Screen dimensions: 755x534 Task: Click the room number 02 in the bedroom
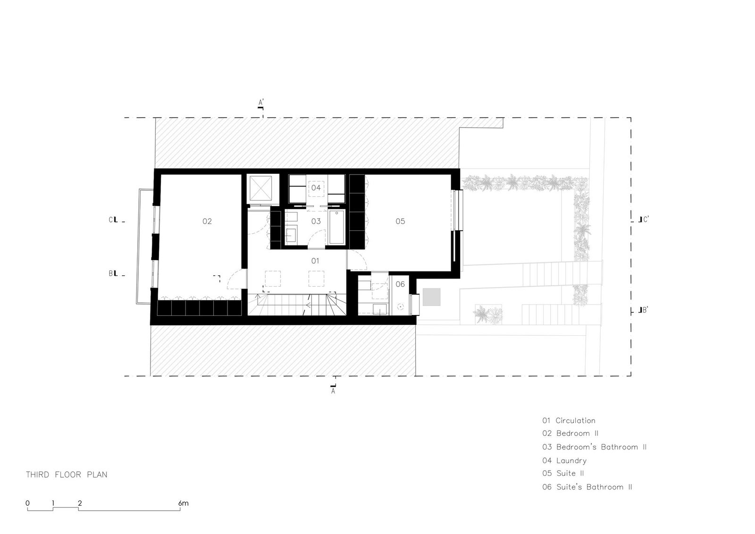point(207,221)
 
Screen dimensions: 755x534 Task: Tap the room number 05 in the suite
point(400,221)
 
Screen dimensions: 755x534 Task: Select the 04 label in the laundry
point(316,187)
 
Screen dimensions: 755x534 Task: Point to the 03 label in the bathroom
point(316,221)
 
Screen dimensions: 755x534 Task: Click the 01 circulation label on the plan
point(315,261)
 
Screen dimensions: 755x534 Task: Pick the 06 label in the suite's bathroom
point(400,284)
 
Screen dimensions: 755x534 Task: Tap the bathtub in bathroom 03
point(336,227)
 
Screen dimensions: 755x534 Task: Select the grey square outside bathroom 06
point(431,297)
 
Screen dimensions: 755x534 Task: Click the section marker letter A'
point(261,102)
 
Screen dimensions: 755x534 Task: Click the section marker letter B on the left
point(111,273)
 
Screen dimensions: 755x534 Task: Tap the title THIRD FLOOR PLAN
point(67,475)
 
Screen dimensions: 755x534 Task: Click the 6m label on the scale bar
point(184,503)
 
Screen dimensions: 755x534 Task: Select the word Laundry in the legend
point(571,461)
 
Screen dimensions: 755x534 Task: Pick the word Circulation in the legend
point(575,421)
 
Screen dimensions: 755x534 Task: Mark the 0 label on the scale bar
point(28,503)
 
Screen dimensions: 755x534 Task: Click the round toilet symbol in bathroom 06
point(401,307)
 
